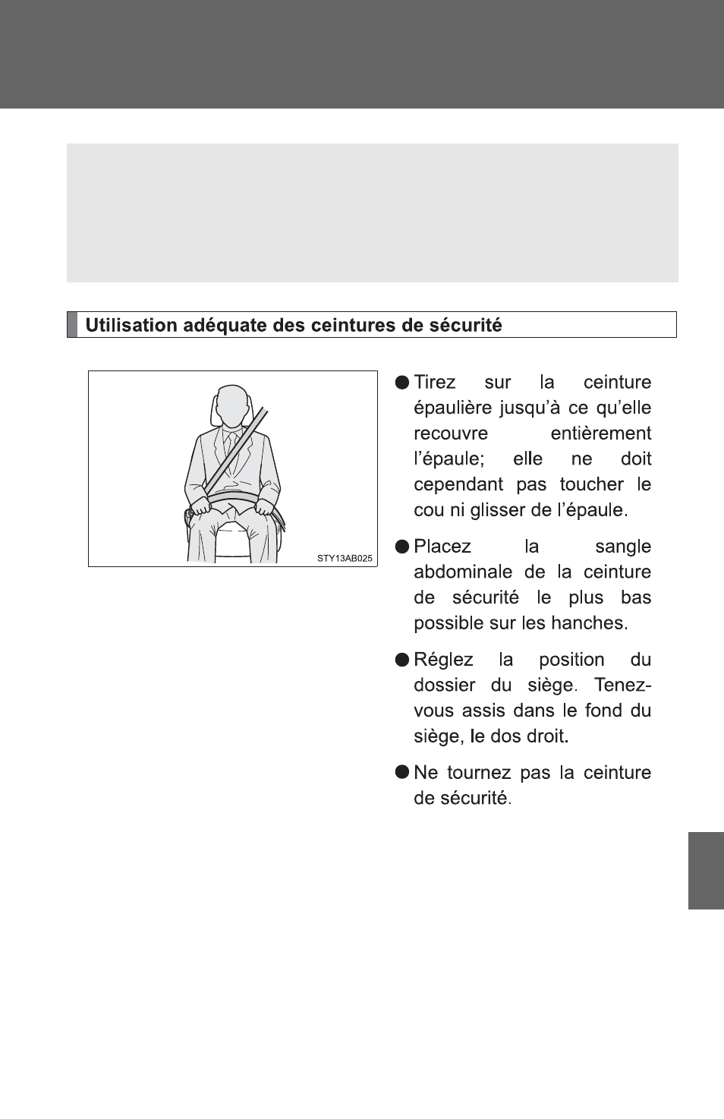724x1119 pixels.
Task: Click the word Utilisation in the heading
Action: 131,325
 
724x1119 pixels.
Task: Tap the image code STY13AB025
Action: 345,559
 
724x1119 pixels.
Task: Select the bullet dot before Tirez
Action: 402,383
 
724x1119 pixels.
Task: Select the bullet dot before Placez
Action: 402,547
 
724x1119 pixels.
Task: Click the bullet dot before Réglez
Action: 402,660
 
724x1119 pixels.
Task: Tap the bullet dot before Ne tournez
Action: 402,772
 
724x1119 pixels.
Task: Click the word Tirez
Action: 435,383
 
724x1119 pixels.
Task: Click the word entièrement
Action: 600,433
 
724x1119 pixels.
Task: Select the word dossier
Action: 445,686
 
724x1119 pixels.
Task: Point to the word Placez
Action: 442,547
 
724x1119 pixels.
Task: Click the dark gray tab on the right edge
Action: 706,870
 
